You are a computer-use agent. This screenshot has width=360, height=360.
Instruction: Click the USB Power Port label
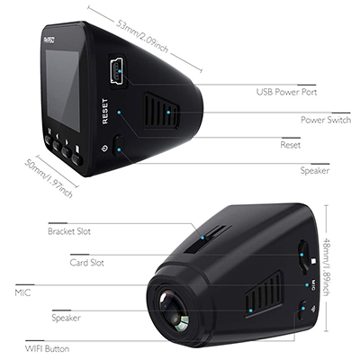286,92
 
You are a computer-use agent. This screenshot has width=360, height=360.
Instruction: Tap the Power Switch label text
326,120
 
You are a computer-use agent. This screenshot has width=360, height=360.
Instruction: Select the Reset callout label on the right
291,145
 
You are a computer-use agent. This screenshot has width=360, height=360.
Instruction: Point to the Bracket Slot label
69,231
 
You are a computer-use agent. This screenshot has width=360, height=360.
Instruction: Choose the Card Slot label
86,263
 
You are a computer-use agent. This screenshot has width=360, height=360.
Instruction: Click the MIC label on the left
22,292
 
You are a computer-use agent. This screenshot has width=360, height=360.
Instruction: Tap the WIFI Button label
47,349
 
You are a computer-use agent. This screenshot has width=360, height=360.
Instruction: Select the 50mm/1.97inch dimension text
49,177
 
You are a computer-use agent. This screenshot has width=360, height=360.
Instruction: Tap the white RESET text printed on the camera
104,112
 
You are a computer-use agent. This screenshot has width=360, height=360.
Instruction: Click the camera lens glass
175,311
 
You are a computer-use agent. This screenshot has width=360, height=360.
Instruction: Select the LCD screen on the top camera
63,90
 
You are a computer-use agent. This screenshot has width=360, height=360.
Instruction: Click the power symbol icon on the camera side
104,148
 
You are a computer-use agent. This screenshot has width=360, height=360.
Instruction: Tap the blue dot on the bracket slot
202,238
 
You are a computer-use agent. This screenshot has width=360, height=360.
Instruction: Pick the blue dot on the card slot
301,255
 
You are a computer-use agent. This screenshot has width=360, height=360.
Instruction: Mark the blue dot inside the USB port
120,71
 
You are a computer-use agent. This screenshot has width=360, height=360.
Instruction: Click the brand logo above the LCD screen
49,40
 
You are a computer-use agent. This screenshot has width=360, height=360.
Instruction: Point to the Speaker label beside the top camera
315,171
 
